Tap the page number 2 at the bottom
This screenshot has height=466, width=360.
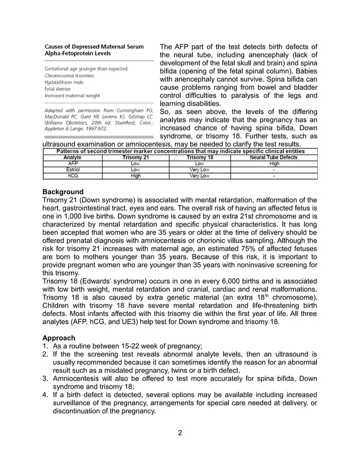(179, 433)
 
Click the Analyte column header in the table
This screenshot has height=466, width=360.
(72, 158)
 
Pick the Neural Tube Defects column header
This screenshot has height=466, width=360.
(274, 158)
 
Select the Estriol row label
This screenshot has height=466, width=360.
(72, 169)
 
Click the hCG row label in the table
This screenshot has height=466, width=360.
(72, 175)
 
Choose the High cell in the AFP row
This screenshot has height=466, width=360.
(274, 164)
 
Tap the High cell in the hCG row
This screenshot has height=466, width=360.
(135, 175)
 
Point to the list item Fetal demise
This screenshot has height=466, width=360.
(58, 89)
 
